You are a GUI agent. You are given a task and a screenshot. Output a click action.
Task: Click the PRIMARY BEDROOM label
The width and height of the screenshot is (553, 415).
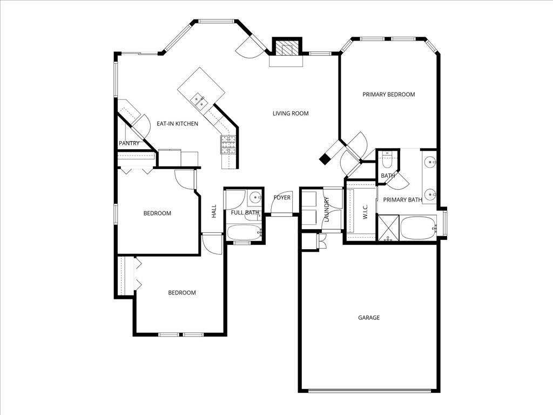point(388,95)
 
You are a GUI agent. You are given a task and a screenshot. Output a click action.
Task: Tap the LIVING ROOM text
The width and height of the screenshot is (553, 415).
point(290,113)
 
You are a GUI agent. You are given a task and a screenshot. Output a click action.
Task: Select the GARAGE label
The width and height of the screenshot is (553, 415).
point(369,318)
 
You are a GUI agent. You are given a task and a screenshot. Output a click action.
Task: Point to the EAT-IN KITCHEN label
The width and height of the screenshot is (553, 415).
point(177,124)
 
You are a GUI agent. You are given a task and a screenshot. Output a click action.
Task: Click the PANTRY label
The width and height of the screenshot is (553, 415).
point(129,144)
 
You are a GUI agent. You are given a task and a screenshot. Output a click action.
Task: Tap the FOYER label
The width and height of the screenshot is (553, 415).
point(282,198)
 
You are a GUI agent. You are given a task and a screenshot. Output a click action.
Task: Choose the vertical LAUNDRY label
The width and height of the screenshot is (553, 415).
point(327,209)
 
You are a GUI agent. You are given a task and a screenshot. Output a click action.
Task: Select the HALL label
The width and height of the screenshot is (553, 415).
point(214,211)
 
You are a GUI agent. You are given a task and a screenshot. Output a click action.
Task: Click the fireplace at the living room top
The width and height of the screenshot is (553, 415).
point(286,49)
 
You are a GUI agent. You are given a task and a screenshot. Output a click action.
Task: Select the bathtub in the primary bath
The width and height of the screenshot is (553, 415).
point(418,229)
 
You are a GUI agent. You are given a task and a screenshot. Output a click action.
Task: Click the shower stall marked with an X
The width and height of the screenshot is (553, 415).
point(388,228)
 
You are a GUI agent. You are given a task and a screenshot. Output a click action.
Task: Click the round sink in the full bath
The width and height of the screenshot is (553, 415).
point(255,197)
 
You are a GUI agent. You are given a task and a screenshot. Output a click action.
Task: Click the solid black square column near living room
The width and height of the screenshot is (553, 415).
point(325,159)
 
